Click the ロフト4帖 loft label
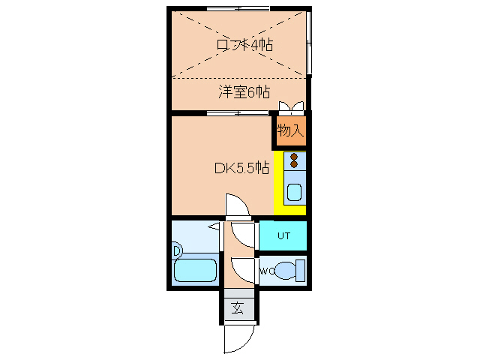(244, 45)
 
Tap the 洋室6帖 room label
(244, 92)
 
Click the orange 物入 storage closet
(290, 130)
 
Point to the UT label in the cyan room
(283, 235)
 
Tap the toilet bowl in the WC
(287, 270)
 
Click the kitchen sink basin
(293, 191)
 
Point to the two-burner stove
(294, 160)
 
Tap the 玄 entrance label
(238, 307)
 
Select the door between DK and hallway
(236, 206)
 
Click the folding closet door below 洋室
(291, 106)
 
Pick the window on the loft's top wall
(238, 8)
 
